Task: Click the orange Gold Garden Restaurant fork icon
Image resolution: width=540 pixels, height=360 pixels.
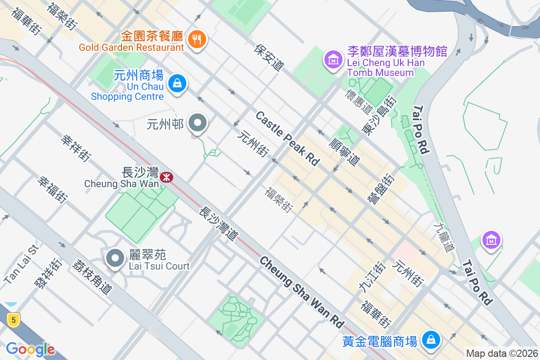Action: pyautogui.click(x=197, y=40)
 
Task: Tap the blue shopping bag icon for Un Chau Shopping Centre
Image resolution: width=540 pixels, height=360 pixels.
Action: pyautogui.click(x=177, y=84)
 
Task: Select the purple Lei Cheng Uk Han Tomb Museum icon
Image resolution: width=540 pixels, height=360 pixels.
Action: pyautogui.click(x=333, y=60)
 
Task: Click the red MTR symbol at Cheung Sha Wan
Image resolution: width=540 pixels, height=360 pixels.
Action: pyautogui.click(x=167, y=177)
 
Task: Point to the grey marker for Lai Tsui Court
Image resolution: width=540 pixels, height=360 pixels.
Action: pyautogui.click(x=115, y=258)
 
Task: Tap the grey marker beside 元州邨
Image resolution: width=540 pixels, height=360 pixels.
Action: pyautogui.click(x=197, y=123)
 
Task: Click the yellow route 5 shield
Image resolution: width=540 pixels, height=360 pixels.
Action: pyautogui.click(x=14, y=320)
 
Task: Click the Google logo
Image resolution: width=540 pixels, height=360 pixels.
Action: pyautogui.click(x=30, y=349)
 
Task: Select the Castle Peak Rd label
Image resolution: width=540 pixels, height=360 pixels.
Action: pyautogui.click(x=288, y=138)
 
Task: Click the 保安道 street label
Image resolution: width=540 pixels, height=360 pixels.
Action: pyautogui.click(x=269, y=57)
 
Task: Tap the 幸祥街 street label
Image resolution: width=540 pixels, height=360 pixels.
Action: pyautogui.click(x=76, y=148)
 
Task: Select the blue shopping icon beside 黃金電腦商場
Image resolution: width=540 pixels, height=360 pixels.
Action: pyautogui.click(x=431, y=340)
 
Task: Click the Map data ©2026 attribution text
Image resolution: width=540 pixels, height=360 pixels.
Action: pyautogui.click(x=502, y=353)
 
